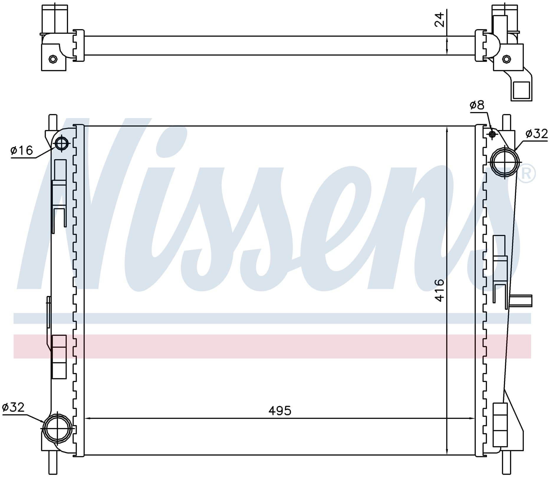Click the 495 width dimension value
pos(280,410)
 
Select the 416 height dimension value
pos(439,290)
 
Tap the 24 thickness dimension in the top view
pos(439,19)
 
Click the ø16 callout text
pos(22,150)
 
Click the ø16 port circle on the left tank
pos(62,144)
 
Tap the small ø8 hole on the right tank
pos(492,134)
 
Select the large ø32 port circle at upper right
pos(505,162)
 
